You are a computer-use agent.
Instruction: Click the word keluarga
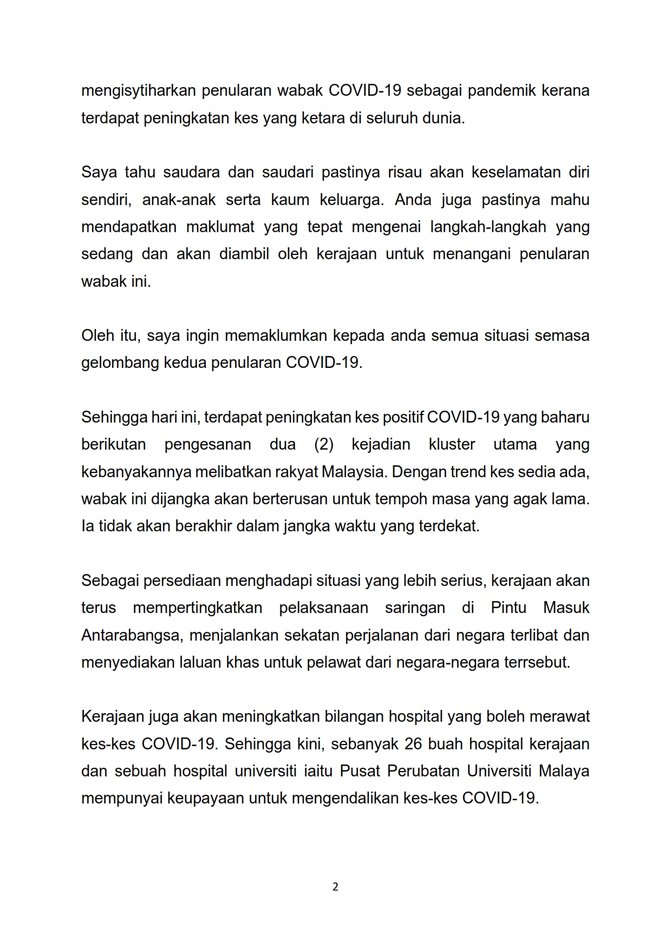click(x=350, y=200)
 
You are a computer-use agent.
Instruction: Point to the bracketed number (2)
click(x=324, y=444)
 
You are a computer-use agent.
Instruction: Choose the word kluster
click(x=452, y=444)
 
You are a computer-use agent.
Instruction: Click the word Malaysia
click(x=352, y=472)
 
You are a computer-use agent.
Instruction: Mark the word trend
click(x=468, y=472)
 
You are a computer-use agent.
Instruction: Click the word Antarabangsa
click(x=131, y=635)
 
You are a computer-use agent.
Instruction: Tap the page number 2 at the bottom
click(x=335, y=887)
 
